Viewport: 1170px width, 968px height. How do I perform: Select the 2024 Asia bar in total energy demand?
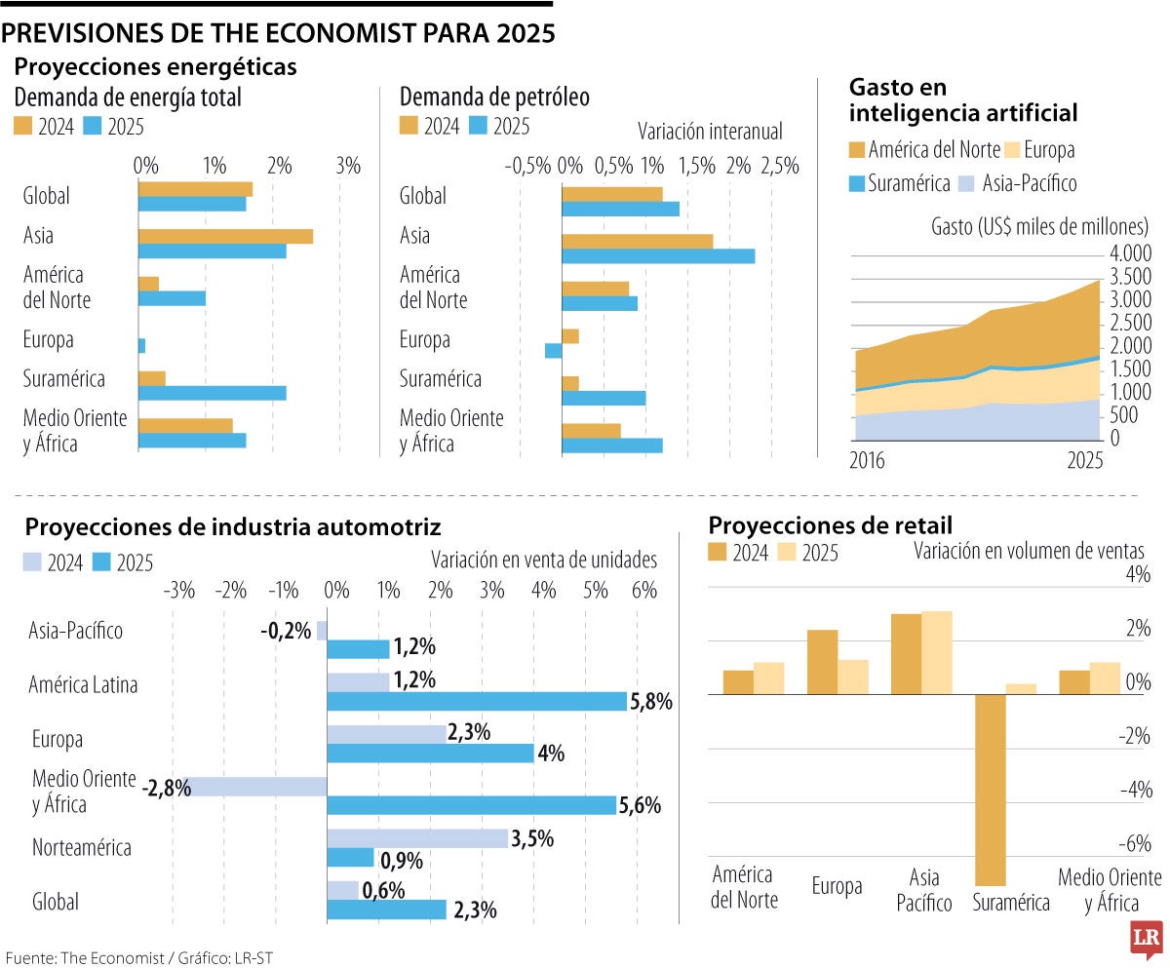point(225,236)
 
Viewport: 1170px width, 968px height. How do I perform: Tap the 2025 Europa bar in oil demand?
point(553,351)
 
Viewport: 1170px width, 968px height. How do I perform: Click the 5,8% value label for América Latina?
point(651,701)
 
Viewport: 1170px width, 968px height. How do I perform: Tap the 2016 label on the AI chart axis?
point(868,461)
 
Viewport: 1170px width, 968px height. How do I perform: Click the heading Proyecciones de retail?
point(831,525)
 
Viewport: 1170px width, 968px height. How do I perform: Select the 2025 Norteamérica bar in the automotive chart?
point(350,857)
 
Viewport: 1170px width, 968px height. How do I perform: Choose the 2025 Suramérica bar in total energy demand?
point(213,393)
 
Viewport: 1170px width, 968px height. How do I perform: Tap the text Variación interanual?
point(710,131)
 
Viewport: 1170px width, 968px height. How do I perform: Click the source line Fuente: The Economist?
point(137,957)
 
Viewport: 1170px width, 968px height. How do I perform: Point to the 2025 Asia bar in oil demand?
point(658,256)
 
